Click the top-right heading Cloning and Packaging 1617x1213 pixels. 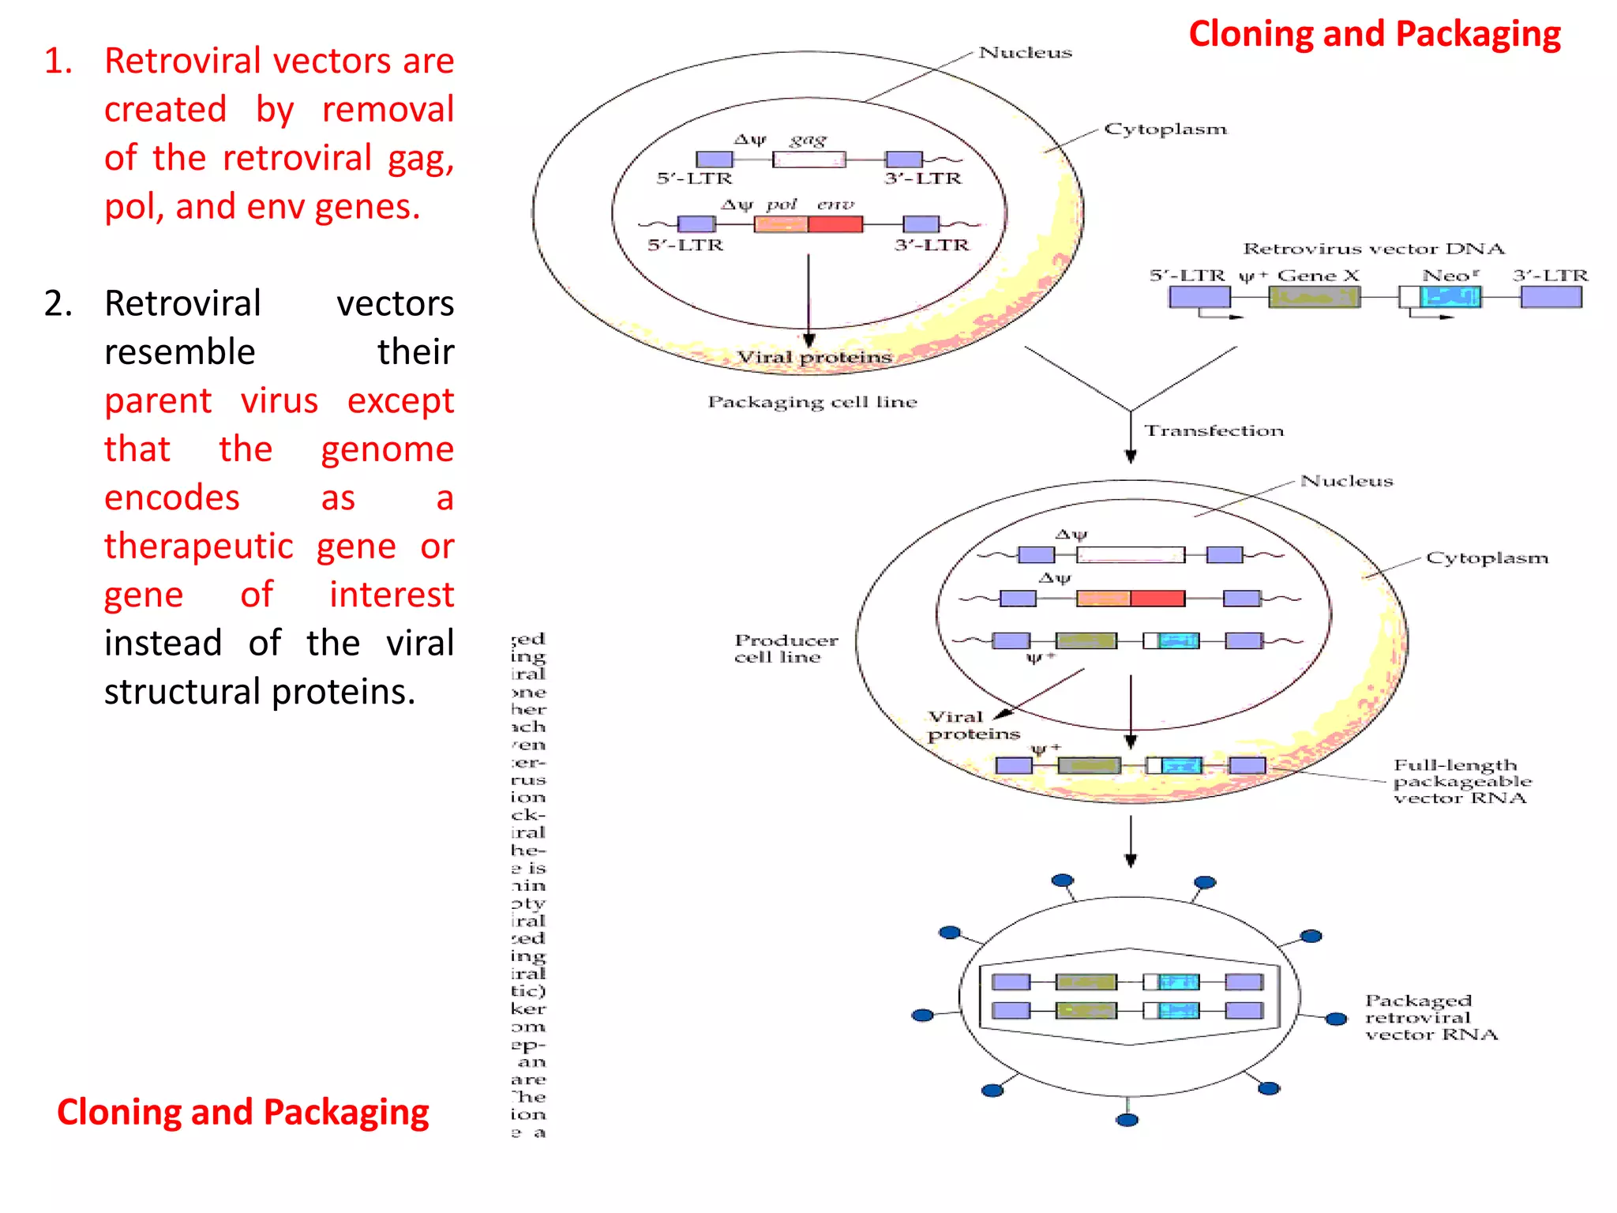pos(1374,35)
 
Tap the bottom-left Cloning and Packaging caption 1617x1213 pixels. pos(242,1113)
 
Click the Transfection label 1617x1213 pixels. pos(1214,431)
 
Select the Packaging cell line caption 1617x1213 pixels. pos(812,402)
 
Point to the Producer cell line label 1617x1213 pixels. pos(785,648)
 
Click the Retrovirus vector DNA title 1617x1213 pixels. pos(1373,249)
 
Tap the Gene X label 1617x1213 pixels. pos(1318,276)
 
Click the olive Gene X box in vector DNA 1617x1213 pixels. pos(1314,297)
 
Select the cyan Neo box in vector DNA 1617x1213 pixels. pos(1450,297)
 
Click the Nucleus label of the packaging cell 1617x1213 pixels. pos(1025,53)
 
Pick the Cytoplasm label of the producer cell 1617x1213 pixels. pos(1486,558)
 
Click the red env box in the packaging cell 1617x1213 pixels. pos(835,224)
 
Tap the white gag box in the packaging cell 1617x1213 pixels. pos(808,160)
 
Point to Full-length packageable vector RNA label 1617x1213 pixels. pos(1461,781)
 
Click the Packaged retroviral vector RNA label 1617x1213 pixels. pos(1430,1017)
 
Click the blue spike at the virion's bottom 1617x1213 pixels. pos(1127,1120)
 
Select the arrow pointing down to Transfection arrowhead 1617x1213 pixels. pos(1131,455)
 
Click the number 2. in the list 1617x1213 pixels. pos(58,304)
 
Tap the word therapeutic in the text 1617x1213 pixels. pos(199,546)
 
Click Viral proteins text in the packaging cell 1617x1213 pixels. pos(813,358)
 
